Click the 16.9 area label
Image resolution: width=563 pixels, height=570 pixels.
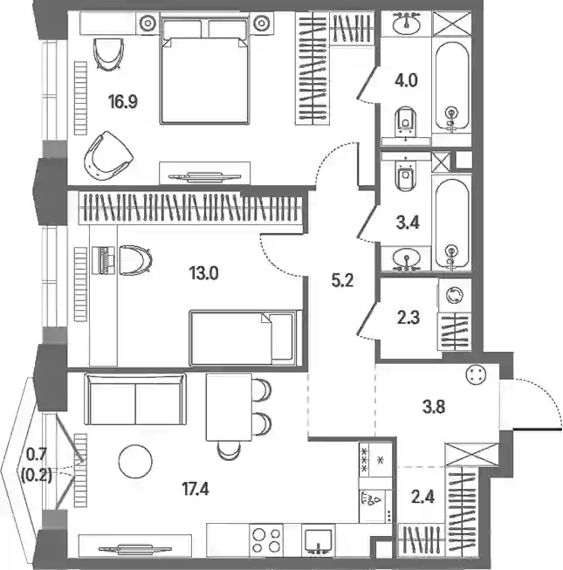pos(123,102)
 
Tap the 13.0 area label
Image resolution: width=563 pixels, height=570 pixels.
pos(204,273)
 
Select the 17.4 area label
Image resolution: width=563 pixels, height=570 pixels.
pos(196,490)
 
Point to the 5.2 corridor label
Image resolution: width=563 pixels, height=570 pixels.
pos(342,281)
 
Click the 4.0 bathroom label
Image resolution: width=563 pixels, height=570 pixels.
pos(407,80)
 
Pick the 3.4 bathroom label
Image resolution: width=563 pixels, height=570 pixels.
pos(408,223)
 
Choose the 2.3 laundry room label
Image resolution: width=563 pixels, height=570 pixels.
pos(409,318)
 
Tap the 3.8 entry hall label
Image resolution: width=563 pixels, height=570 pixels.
pos(434,407)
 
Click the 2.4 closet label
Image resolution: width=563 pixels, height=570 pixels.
pos(423,497)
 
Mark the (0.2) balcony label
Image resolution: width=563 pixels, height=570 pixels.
pos(37,475)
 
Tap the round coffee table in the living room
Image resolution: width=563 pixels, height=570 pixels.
pos(135,461)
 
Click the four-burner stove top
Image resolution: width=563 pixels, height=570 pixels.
pos(266,539)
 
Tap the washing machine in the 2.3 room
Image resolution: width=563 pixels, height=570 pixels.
pos(455,295)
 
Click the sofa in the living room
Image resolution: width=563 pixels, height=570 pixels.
pos(135,399)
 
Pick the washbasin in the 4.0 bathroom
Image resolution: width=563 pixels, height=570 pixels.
pos(407,24)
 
